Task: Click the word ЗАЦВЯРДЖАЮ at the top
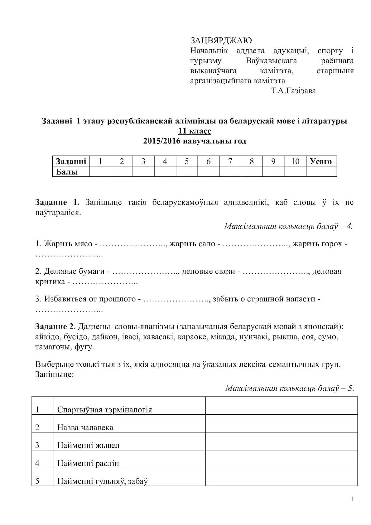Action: coord(221,41)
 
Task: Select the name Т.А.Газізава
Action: coord(293,91)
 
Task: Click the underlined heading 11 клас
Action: coord(195,131)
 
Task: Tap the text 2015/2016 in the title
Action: coord(162,141)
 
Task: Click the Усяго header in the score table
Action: coord(321,161)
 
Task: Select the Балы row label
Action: coord(67,172)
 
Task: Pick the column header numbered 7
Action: coord(230,161)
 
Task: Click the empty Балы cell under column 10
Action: coord(295,172)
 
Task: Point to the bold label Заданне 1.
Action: coord(57,202)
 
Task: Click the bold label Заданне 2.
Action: coord(55,327)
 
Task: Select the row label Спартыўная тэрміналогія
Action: coord(104,410)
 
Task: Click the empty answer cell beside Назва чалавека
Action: coord(281,423)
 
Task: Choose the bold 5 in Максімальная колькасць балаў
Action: coord(350,388)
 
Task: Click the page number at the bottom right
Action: coord(352,500)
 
